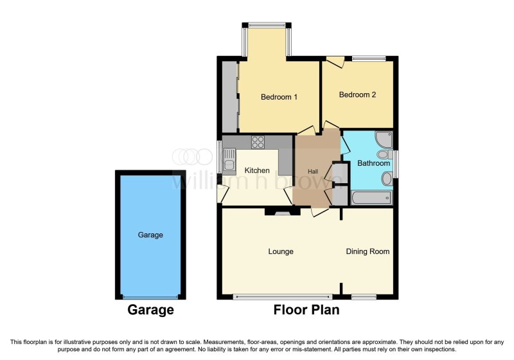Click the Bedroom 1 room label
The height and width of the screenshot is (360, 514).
click(279, 98)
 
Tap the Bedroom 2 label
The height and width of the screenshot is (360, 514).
click(357, 95)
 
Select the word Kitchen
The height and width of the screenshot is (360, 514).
click(257, 170)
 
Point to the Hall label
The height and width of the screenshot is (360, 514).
click(313, 172)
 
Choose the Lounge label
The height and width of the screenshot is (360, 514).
click(281, 251)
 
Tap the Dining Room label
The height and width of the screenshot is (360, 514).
click(368, 251)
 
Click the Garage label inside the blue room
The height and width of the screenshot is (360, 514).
click(150, 235)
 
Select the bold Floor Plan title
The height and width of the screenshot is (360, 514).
click(306, 310)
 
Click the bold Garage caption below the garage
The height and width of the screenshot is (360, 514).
click(150, 310)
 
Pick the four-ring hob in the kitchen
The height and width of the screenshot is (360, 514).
click(258, 142)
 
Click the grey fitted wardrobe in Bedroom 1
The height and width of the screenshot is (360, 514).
click(229, 96)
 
